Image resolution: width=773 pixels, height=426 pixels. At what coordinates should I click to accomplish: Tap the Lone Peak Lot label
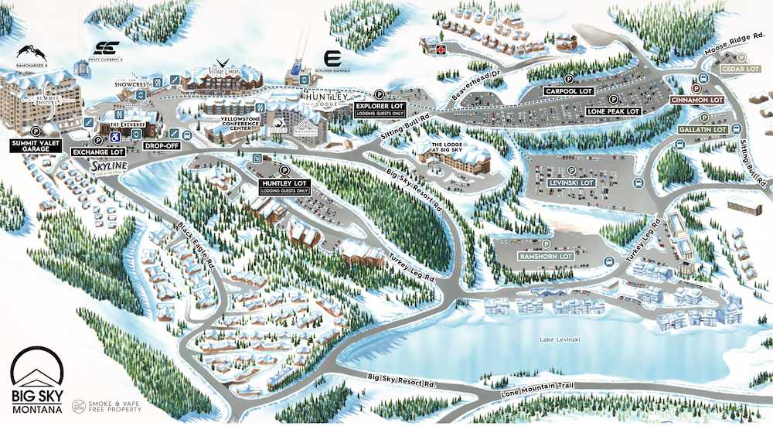(614, 111)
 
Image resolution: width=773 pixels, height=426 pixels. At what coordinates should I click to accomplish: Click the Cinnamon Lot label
(696, 100)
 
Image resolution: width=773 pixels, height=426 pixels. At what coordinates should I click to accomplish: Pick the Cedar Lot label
(741, 69)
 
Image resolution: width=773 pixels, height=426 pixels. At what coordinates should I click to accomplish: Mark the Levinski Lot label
(571, 182)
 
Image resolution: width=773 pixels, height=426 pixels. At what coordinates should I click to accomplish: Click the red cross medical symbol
(441, 49)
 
